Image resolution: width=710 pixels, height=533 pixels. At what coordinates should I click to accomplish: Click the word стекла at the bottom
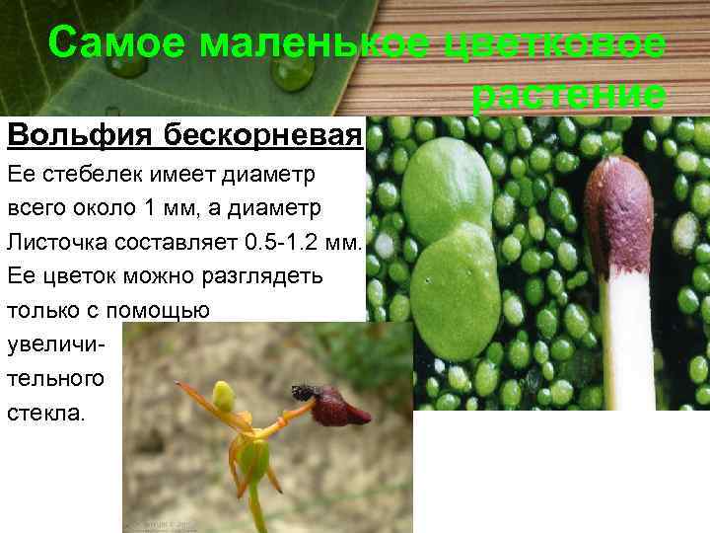coord(45,412)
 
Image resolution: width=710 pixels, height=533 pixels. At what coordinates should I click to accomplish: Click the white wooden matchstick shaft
coord(627,345)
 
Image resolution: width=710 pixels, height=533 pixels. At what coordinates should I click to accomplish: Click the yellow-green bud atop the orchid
coord(225,396)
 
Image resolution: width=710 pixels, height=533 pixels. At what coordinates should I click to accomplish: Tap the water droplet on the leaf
coord(293,74)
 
